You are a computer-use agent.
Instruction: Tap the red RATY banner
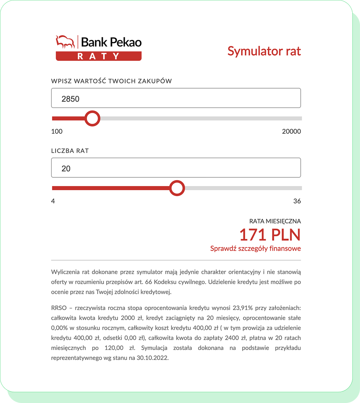[x=98, y=56]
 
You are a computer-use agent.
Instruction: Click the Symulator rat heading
[x=264, y=51]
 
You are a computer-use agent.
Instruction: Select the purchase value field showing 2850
[x=176, y=98]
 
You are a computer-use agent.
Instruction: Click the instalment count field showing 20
[x=176, y=168]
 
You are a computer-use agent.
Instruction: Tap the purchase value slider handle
[x=93, y=118]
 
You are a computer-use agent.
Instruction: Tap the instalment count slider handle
[x=177, y=188]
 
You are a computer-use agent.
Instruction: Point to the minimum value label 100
[x=57, y=131]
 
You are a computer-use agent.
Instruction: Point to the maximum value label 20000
[x=291, y=131]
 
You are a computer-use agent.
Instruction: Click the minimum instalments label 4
[x=53, y=201]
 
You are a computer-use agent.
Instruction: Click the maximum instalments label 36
[x=297, y=201]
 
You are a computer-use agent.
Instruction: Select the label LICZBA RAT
[x=70, y=151]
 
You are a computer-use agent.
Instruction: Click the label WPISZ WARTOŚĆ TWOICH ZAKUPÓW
[x=111, y=81]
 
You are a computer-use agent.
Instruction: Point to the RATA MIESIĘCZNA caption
[x=275, y=221]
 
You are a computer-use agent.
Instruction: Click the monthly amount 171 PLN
[x=270, y=235]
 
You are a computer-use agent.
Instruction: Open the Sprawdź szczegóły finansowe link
[x=255, y=248]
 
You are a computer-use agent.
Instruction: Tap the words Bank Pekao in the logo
[x=111, y=42]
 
